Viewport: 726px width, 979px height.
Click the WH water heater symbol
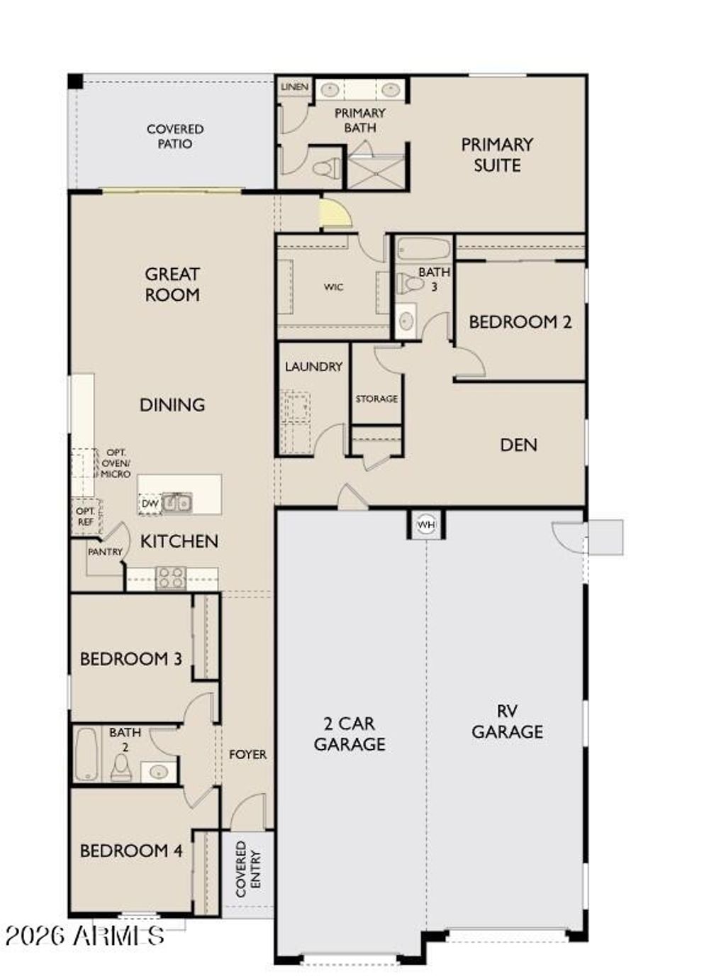pos(425,525)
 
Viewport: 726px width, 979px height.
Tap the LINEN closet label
pos(294,87)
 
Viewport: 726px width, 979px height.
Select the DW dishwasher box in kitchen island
pos(150,504)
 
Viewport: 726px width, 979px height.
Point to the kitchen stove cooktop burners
pos(171,577)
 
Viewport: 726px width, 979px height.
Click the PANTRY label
pos(105,552)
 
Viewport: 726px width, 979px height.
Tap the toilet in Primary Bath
pos(326,169)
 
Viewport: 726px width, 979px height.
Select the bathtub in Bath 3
pos(423,250)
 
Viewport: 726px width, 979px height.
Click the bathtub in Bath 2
pos(86,753)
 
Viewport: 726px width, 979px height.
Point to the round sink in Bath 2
pos(158,770)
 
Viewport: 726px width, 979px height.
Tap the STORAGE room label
pos(376,399)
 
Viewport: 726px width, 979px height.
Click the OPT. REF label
pos(85,516)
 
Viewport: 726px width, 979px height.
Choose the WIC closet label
pos(333,287)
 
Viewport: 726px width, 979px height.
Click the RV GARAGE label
pos(507,721)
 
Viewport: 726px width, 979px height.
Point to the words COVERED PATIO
pos(175,136)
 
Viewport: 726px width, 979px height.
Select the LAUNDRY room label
pos(313,367)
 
